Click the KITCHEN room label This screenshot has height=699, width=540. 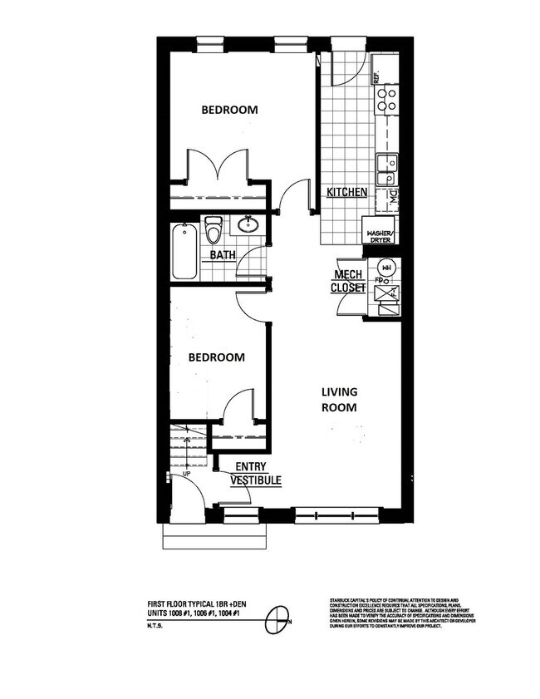(346, 192)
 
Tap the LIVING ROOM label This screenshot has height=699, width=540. (340, 400)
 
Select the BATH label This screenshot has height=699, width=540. (222, 254)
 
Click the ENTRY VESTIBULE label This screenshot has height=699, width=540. (256, 474)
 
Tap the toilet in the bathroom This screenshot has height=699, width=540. (214, 229)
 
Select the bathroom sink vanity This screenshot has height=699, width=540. (247, 224)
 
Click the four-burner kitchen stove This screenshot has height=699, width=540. (386, 101)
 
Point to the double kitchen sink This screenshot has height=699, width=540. (385, 170)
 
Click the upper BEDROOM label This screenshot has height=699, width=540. (229, 110)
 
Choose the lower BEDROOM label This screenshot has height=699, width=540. (216, 357)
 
